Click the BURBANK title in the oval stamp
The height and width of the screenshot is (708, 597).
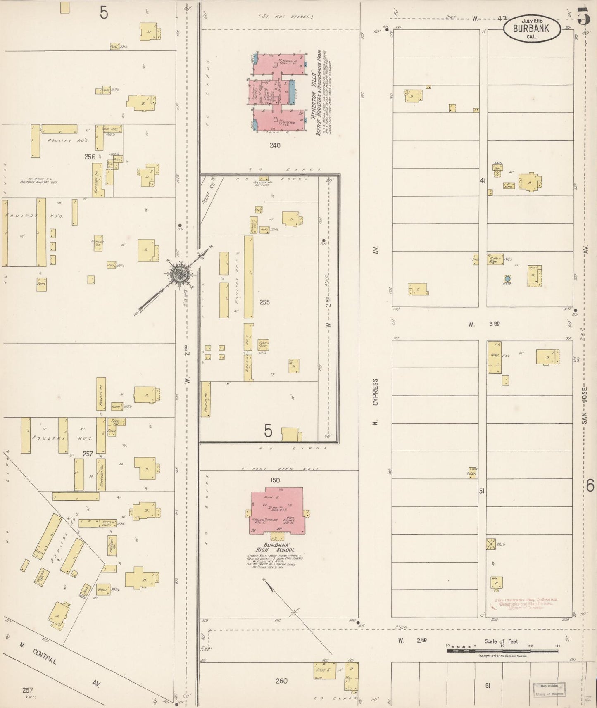[x=531, y=29]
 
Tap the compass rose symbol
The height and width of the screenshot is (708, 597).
[x=180, y=274]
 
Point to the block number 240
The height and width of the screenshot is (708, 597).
[x=275, y=145]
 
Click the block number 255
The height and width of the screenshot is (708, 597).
[x=264, y=302]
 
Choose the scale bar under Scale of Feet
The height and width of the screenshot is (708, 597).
[x=502, y=651]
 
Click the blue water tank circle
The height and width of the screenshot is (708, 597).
[x=507, y=279]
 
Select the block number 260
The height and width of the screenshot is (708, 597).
[x=281, y=681]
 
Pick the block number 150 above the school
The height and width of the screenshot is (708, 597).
[x=275, y=480]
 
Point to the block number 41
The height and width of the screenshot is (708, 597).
[x=482, y=181]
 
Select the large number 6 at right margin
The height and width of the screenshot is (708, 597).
[x=590, y=485]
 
